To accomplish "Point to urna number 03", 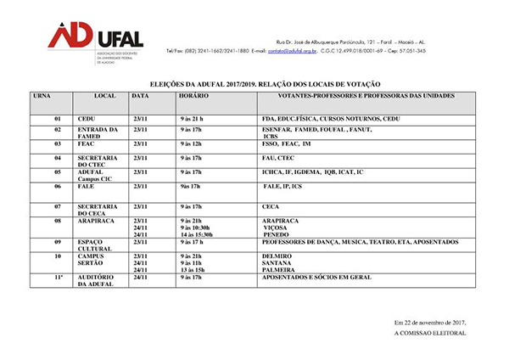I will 59,144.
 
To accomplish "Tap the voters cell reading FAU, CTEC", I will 278,158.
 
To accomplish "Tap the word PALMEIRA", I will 282,269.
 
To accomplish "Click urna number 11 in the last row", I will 59,277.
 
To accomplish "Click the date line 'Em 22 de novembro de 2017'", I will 431,323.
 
